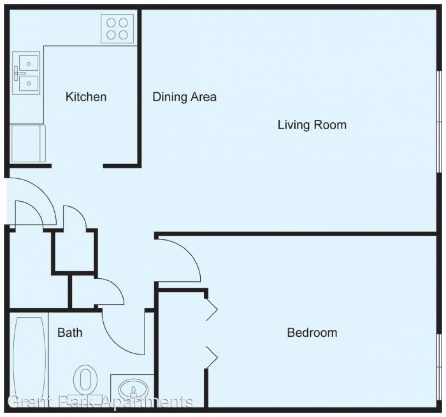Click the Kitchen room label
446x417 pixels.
tap(86, 97)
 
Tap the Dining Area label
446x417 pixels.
tap(184, 97)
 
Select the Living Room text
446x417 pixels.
tap(312, 125)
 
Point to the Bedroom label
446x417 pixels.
tap(312, 332)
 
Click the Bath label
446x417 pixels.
tap(70, 332)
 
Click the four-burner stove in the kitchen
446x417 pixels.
tap(117, 29)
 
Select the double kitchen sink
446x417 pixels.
tap(26, 73)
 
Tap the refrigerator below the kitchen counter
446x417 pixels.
tap(28, 143)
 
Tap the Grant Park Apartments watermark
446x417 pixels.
tap(100, 401)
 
